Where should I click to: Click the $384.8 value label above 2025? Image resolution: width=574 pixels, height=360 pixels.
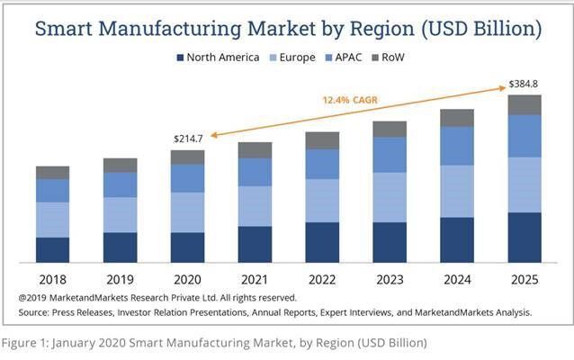[x=525, y=85]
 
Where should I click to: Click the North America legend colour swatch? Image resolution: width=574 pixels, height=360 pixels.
[x=180, y=58]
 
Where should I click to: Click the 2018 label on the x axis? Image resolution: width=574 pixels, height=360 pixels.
[x=52, y=280]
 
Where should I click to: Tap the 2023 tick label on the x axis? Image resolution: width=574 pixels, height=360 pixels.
[x=390, y=280]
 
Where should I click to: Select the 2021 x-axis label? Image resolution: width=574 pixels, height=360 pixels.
[x=255, y=280]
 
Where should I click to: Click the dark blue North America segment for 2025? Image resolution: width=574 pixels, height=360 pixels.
[x=525, y=238]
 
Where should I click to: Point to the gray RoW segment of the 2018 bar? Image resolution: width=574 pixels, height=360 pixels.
[x=52, y=173]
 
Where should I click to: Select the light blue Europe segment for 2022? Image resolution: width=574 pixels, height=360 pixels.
[x=322, y=200]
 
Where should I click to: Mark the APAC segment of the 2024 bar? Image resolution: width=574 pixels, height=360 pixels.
[x=457, y=146]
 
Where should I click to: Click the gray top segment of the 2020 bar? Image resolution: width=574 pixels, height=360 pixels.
[x=187, y=157]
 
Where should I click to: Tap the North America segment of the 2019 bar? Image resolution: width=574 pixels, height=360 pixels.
[x=120, y=247]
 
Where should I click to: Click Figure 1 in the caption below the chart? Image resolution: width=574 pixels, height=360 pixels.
[x=26, y=343]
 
